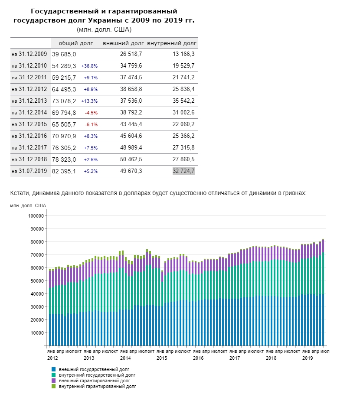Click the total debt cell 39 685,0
[64, 54]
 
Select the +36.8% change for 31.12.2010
[89, 66]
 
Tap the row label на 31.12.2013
[29, 101]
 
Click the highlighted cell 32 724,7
[183, 171]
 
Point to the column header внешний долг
[123, 43]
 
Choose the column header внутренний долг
[172, 43]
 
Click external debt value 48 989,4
[131, 148]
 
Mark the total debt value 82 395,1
[64, 171]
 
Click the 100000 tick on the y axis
[36, 216]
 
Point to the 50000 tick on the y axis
[37, 281]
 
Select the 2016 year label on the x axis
[198, 358]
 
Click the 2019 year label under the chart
[308, 358]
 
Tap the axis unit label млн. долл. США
[28, 205]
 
